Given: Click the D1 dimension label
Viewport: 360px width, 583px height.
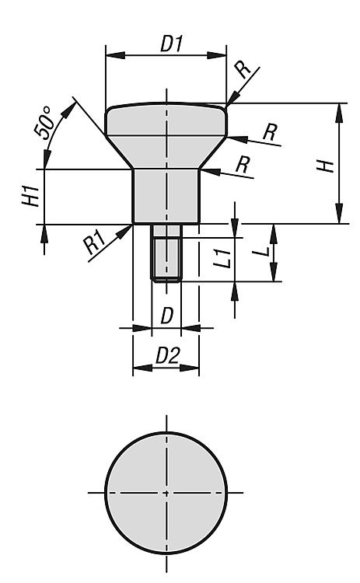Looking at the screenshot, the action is tap(171, 44).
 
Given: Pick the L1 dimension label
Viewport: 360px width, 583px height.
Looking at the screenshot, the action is tap(223, 258).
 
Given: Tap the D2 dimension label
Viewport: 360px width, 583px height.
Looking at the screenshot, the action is tap(167, 355).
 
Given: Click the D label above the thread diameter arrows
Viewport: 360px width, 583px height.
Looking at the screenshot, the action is tap(167, 316).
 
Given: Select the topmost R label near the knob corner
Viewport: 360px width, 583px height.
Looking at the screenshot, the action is tap(244, 69).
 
